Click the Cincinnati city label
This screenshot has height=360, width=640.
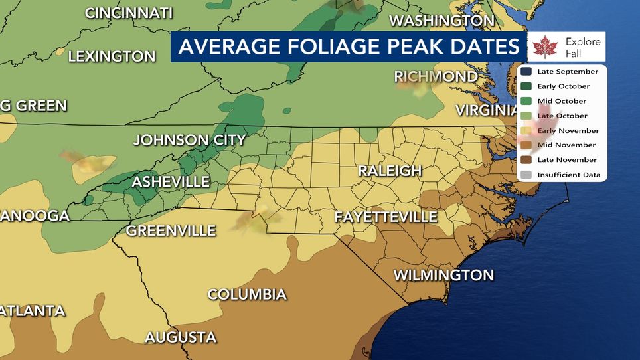(129, 13)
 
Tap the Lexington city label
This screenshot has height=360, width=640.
(112, 56)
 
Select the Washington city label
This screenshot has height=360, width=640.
(432, 21)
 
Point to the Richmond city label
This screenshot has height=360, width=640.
(436, 76)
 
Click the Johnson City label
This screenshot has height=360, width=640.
(189, 140)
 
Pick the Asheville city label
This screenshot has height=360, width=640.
(171, 181)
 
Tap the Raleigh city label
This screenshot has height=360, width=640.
(390, 171)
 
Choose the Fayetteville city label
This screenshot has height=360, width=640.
(386, 217)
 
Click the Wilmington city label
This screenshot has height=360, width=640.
(443, 275)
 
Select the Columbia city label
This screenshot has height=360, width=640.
(247, 294)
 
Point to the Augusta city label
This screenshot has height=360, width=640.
(181, 337)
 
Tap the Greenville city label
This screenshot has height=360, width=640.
(171, 231)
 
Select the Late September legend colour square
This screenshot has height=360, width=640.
(526, 72)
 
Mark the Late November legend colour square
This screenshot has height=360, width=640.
(526, 160)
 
